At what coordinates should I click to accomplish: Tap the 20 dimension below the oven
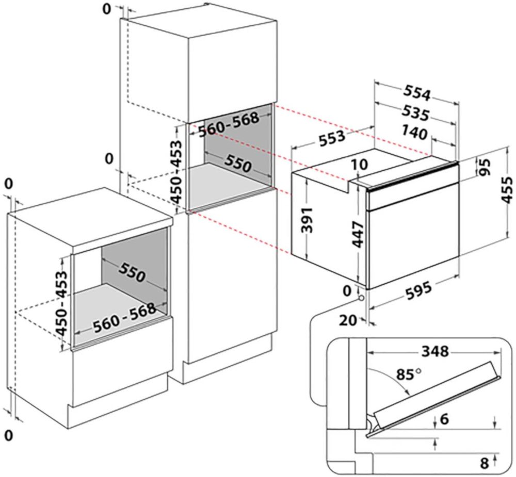349,320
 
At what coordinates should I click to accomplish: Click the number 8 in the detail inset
483,463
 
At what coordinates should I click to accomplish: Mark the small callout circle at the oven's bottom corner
360,298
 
